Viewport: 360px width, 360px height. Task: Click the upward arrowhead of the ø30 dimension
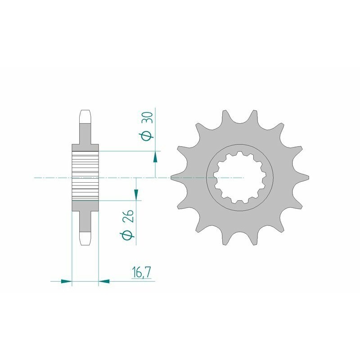coord(155,156)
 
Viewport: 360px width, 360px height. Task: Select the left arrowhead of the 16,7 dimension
coord(67,282)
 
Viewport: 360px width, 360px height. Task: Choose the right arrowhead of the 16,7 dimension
coord(103,282)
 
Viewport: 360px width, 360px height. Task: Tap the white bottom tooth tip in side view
coord(85,238)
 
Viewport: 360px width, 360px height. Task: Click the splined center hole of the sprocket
coord(239,178)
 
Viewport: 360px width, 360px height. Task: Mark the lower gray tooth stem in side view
coord(85,220)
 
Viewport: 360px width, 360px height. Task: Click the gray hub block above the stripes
coord(85,148)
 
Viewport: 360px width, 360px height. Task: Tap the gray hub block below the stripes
coord(85,206)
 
